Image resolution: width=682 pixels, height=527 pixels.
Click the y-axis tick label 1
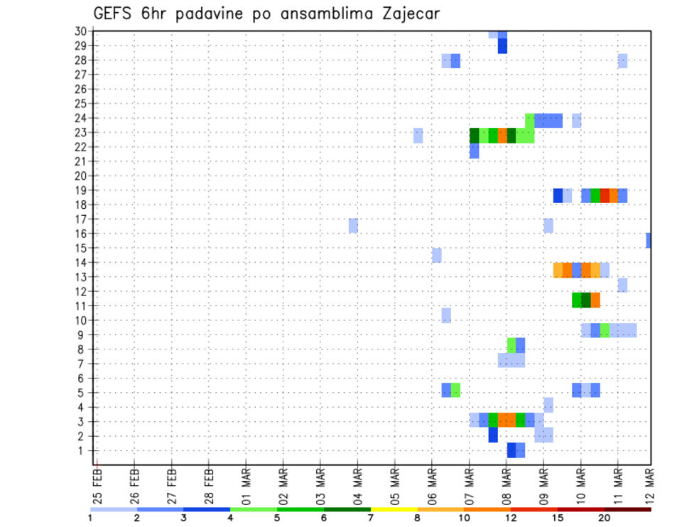83,450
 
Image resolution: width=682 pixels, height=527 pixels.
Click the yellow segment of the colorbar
394,509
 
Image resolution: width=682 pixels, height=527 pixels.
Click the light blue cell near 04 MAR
353,226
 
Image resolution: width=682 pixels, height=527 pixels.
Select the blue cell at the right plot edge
649,240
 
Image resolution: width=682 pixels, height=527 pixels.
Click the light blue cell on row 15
436,255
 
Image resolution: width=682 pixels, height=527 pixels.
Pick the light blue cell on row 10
445,315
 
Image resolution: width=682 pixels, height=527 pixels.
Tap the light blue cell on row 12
622,285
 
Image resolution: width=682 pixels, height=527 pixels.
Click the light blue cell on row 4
548,405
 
